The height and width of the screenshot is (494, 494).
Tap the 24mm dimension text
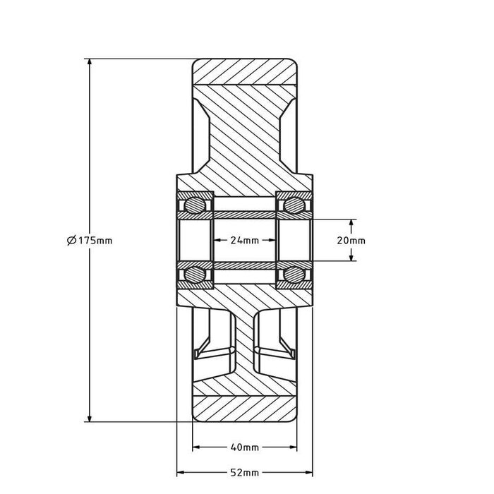245,241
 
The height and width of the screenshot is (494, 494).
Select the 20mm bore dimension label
351,241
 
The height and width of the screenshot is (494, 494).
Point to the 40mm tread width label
245,447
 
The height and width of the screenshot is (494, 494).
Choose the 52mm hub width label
245,473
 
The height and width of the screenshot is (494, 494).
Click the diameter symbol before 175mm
71,241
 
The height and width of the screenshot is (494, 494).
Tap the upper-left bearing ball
194,205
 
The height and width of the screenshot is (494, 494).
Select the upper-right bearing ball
294,205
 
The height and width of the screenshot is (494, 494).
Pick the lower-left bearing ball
194,275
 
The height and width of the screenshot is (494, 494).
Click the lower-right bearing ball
294,275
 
